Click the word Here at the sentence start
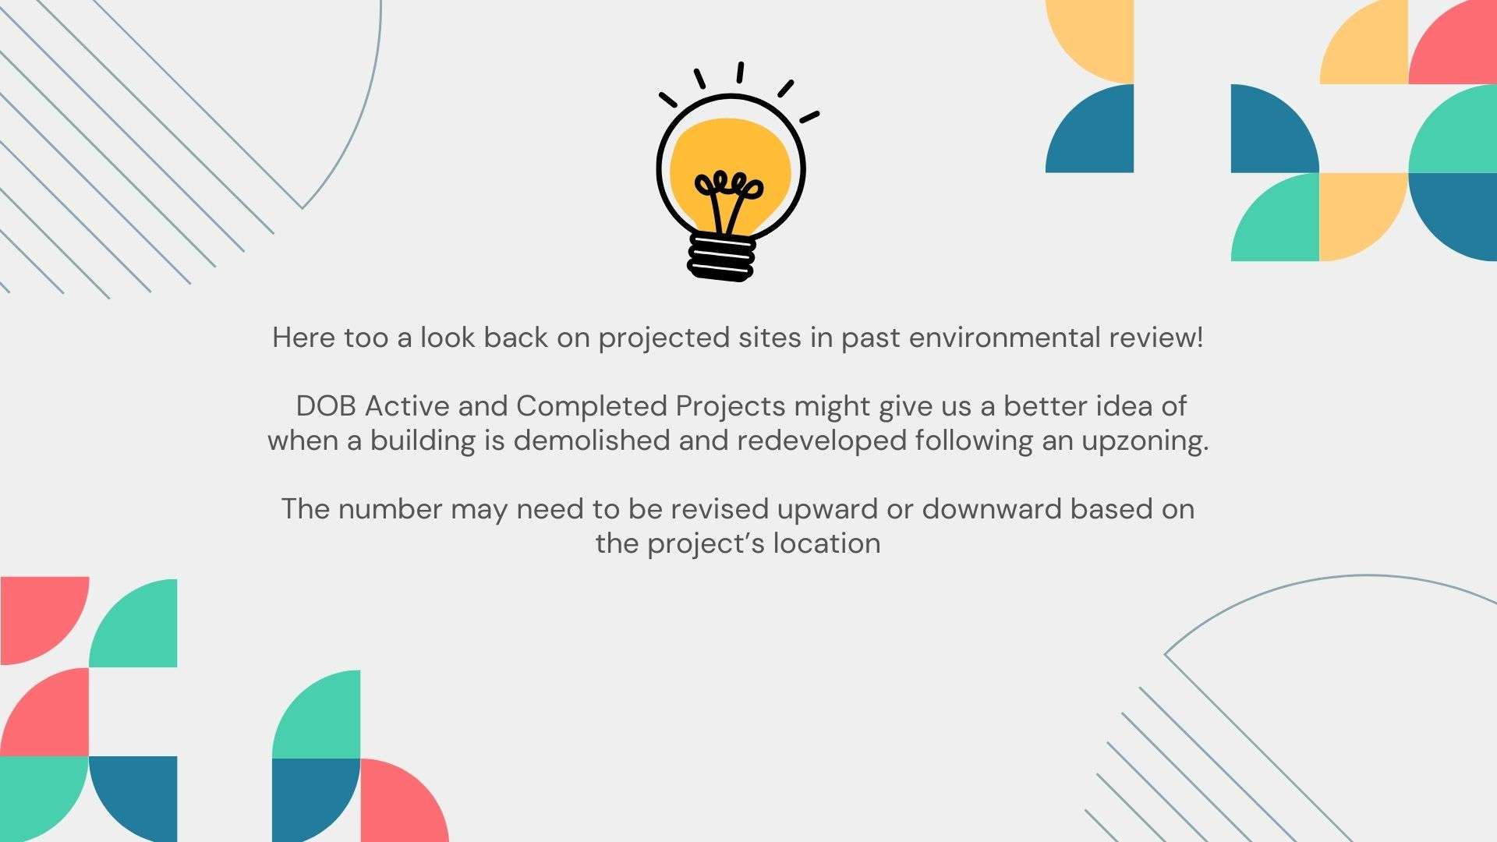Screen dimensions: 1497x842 click(x=304, y=338)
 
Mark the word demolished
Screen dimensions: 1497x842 click(x=592, y=440)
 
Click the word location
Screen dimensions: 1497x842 click(x=826, y=543)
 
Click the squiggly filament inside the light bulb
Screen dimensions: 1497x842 click(x=729, y=200)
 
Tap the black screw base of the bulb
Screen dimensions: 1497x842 click(x=722, y=256)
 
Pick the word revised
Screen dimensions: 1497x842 click(x=720, y=509)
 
